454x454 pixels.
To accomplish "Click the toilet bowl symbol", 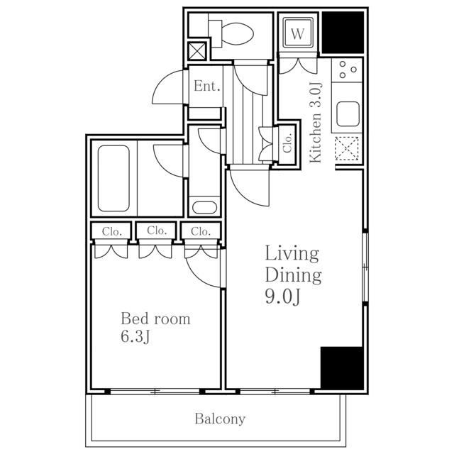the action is click(x=231, y=34).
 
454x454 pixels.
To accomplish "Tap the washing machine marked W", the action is click(x=298, y=33).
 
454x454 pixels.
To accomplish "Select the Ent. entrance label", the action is click(x=206, y=86).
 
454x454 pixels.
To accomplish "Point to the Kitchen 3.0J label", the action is click(x=316, y=123).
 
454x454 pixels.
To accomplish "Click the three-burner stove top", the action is click(x=347, y=70).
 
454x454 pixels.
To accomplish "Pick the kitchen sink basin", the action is click(x=348, y=113).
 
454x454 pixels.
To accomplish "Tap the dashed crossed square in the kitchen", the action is click(x=347, y=148).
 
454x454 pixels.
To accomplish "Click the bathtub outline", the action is click(x=113, y=178).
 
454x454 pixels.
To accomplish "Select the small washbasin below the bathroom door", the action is click(x=204, y=207).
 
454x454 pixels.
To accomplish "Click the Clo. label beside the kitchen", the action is click(x=287, y=143).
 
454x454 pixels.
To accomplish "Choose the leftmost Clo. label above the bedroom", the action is click(x=111, y=232).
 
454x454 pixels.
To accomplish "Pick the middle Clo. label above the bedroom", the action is click(x=157, y=231).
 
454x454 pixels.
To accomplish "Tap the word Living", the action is click(x=292, y=254).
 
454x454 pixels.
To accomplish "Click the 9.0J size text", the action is click(x=282, y=297).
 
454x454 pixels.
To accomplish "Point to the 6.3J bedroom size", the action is click(x=135, y=336).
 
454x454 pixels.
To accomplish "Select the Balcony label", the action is click(x=220, y=419).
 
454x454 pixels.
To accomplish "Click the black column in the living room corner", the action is click(x=342, y=368).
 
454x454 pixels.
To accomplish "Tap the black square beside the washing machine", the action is click(x=343, y=33).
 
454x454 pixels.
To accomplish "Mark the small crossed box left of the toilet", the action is click(x=197, y=52).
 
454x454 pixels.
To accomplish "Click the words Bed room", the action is click(x=155, y=319).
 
